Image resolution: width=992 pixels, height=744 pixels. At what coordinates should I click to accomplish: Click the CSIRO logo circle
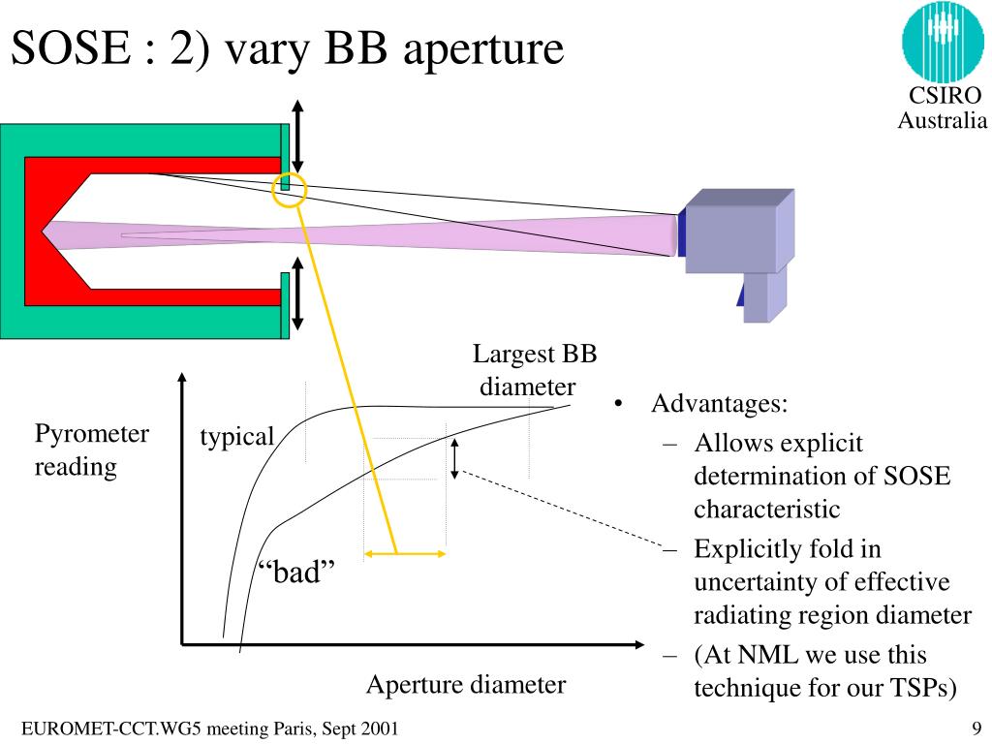click(x=943, y=41)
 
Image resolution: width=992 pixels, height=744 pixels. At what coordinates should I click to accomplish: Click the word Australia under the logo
click(x=942, y=120)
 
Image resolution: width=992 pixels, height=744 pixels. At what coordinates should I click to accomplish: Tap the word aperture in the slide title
click(x=483, y=48)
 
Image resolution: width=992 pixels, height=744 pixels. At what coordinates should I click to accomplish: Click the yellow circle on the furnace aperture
click(x=290, y=190)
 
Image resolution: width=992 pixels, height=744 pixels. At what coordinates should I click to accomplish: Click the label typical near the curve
click(x=237, y=436)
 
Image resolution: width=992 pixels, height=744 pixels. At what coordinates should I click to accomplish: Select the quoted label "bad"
click(x=301, y=572)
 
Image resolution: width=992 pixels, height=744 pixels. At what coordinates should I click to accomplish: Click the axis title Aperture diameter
click(x=465, y=685)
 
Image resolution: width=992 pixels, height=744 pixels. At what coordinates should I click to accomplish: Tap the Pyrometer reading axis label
click(x=92, y=450)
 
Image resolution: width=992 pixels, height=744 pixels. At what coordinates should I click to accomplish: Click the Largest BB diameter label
click(x=533, y=370)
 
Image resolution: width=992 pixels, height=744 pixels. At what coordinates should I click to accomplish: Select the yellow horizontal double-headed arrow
click(x=405, y=554)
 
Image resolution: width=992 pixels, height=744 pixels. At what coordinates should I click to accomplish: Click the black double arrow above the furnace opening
click(x=298, y=137)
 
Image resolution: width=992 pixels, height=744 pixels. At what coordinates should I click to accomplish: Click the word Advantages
click(x=719, y=403)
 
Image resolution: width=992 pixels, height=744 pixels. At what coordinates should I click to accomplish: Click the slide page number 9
click(x=976, y=728)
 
